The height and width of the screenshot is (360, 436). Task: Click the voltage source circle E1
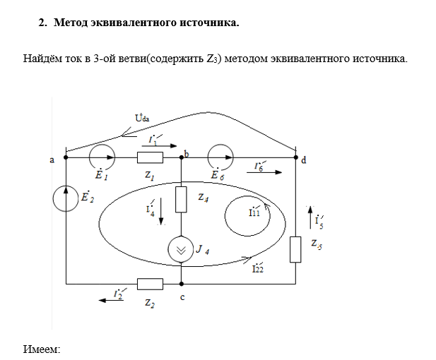[100, 157]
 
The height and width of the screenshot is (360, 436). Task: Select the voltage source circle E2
[66, 198]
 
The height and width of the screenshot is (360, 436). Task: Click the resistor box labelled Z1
[150, 157]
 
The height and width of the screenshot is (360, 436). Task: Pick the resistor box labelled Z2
[150, 284]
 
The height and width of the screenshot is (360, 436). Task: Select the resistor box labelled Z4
[181, 200]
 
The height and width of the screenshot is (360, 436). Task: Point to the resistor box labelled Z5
[295, 248]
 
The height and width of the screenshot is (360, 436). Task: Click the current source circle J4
[181, 250]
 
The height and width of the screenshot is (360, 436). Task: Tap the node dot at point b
[182, 157]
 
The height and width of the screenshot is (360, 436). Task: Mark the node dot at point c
[182, 284]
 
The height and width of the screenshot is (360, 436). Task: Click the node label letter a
[52, 160]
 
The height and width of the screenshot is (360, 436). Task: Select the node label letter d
[304, 160]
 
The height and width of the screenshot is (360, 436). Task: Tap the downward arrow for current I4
[161, 212]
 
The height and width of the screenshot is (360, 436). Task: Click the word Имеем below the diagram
[42, 349]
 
